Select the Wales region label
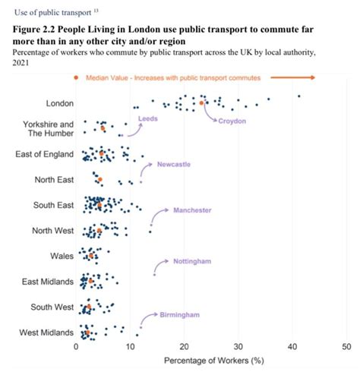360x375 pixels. (61, 256)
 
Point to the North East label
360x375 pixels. (53, 179)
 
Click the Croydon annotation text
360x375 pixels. (232, 121)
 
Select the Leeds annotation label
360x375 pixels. (147, 119)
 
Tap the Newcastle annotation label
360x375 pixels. (174, 164)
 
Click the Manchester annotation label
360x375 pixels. (192, 210)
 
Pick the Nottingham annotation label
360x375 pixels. (192, 262)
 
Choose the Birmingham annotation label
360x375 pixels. (179, 314)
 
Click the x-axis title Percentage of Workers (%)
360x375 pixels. (211, 362)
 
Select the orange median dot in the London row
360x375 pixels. (202, 102)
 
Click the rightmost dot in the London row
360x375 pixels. (299, 96)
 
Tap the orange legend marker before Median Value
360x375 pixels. (76, 78)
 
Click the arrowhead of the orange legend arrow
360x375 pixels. (312, 77)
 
